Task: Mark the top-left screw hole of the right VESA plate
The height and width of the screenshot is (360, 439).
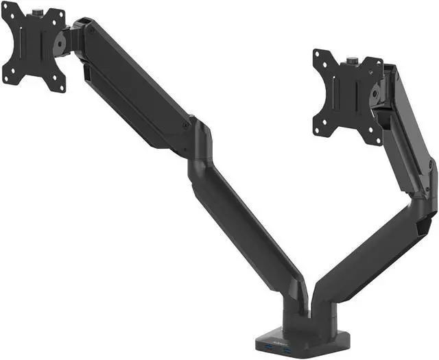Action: click(x=317, y=54)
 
